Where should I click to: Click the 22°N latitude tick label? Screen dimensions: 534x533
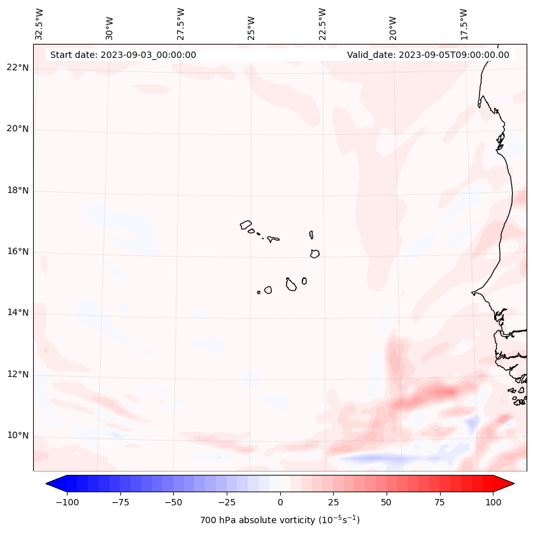[18, 68]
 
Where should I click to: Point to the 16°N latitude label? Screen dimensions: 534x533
[18, 251]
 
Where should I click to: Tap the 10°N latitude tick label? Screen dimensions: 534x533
[18, 435]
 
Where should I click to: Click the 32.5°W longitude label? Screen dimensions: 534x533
[39, 24]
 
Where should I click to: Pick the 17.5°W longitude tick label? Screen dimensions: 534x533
[463, 24]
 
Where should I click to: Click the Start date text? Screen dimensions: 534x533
[123, 55]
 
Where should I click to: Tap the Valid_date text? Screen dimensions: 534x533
[428, 55]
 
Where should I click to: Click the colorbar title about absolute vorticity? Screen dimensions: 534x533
[280, 520]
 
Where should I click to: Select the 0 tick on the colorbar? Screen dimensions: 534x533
[280, 502]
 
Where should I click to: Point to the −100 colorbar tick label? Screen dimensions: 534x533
[67, 502]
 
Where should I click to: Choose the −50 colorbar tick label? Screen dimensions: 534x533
[173, 502]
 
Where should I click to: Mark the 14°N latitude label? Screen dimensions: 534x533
[18, 313]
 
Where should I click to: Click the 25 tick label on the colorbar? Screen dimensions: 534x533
[333, 502]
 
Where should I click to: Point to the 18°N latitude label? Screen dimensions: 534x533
[18, 190]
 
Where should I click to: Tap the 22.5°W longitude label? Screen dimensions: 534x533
[322, 24]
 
